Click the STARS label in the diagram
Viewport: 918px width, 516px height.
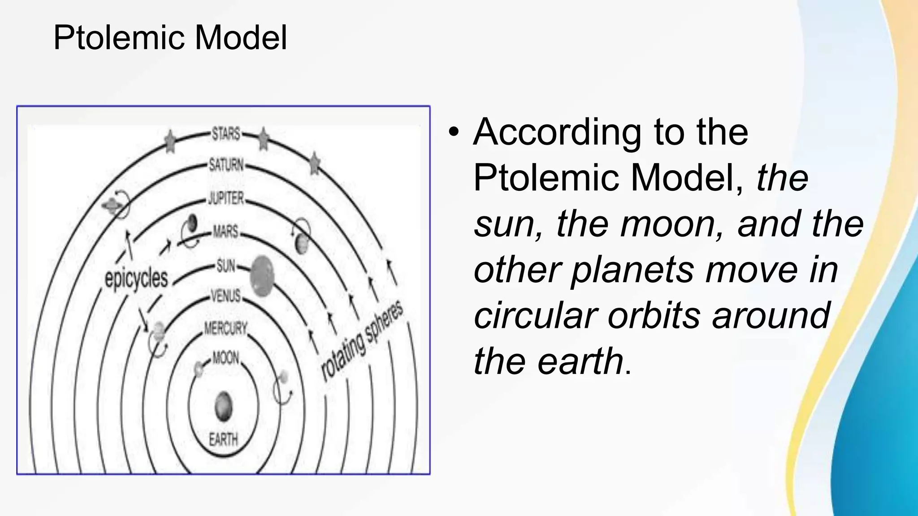(x=226, y=133)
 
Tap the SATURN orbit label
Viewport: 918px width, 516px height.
(x=226, y=165)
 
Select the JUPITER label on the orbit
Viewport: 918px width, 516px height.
(x=226, y=198)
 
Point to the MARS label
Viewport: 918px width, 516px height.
(x=226, y=232)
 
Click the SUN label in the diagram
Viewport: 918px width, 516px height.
(x=226, y=266)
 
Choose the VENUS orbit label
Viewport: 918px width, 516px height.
(x=226, y=296)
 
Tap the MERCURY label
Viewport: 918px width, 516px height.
(x=225, y=328)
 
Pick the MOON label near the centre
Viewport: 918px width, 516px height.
(x=226, y=358)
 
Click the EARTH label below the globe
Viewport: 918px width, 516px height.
(x=224, y=439)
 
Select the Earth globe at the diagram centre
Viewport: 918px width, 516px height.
(x=224, y=406)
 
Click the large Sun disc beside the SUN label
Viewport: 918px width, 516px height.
(x=262, y=275)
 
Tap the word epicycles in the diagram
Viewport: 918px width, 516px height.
(x=136, y=279)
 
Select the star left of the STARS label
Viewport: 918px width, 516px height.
(x=170, y=142)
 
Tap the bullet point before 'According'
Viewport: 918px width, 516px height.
(x=454, y=132)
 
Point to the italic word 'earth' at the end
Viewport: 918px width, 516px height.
(x=580, y=361)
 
